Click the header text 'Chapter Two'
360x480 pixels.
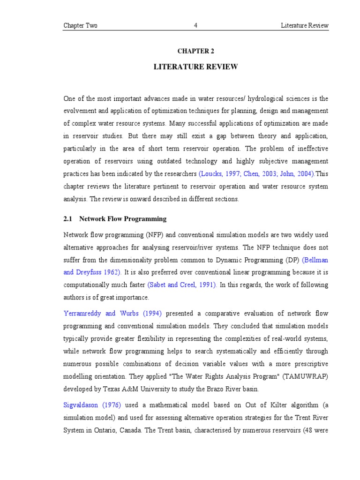tap(81, 26)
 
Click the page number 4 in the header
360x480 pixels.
tap(196, 26)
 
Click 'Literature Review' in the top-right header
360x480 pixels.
tap(305, 26)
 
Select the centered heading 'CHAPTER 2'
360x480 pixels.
tap(196, 51)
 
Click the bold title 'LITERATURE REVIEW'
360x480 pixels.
tap(196, 67)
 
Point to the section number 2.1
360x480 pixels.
tap(68, 219)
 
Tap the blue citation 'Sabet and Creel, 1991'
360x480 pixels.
tap(182, 285)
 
